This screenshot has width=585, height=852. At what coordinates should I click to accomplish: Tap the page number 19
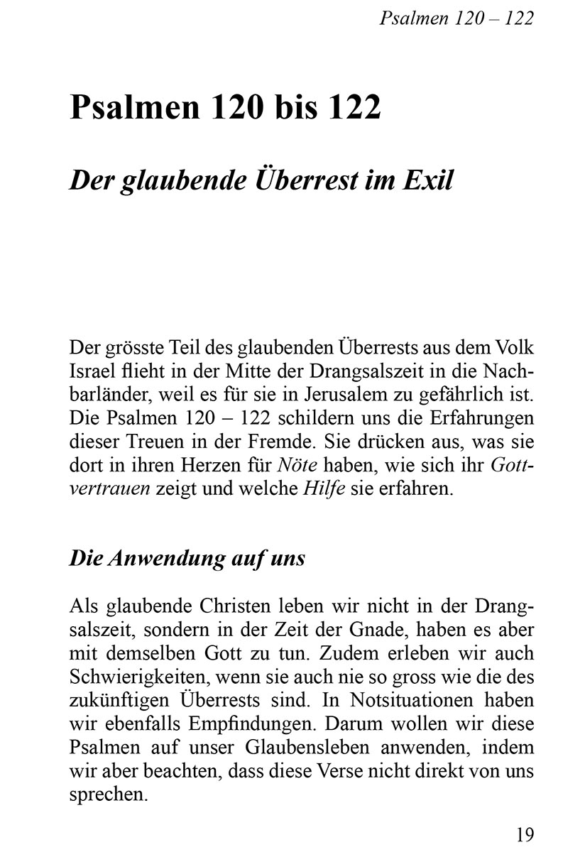pyautogui.click(x=524, y=834)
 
